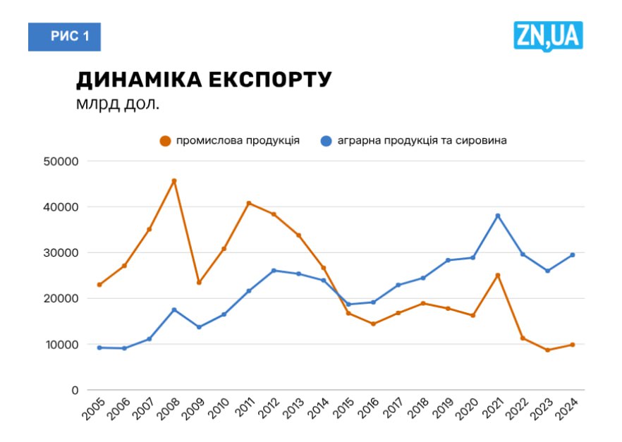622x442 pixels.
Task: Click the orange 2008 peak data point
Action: pyautogui.click(x=174, y=181)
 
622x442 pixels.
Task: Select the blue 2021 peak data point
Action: pyautogui.click(x=498, y=216)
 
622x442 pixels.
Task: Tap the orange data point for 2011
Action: pyautogui.click(x=249, y=203)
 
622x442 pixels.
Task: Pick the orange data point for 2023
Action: pyautogui.click(x=547, y=350)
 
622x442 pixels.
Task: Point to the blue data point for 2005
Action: pyautogui.click(x=99, y=348)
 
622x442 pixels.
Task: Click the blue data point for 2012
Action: pyautogui.click(x=274, y=271)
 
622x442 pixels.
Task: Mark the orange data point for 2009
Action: pyautogui.click(x=199, y=283)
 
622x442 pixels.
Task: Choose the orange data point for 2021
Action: pyautogui.click(x=498, y=275)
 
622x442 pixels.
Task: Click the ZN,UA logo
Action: pyautogui.click(x=548, y=36)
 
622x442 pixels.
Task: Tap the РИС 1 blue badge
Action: pyautogui.click(x=65, y=37)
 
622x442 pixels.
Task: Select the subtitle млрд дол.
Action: pyautogui.click(x=118, y=104)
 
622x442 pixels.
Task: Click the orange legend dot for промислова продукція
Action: pyautogui.click(x=166, y=140)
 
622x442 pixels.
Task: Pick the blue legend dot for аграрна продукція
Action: pyautogui.click(x=326, y=140)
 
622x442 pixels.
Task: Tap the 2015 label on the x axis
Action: pyautogui.click(x=343, y=410)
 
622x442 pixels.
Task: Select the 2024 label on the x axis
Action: pyautogui.click(x=567, y=410)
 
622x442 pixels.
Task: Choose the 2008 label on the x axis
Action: pyautogui.click(x=169, y=410)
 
